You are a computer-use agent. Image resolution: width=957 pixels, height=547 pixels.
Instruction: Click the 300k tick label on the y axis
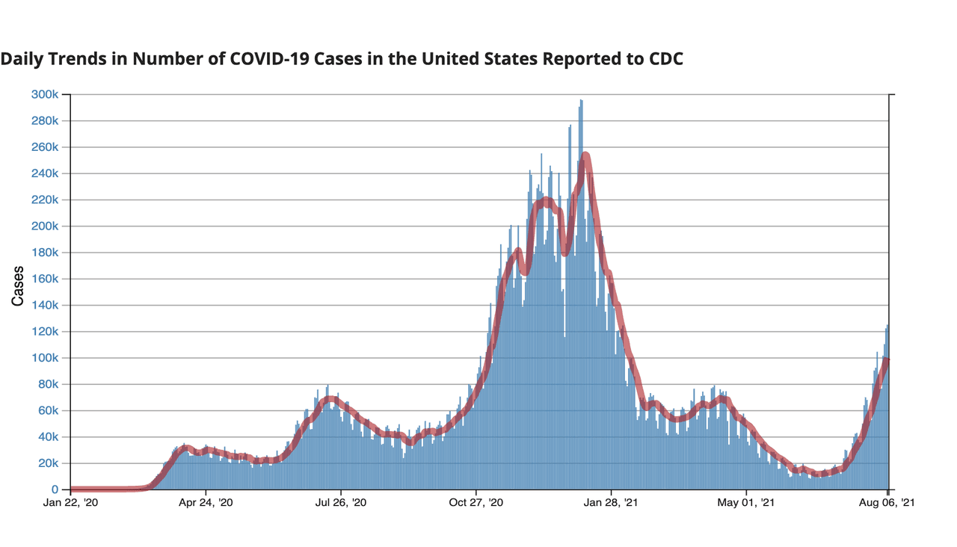point(45,94)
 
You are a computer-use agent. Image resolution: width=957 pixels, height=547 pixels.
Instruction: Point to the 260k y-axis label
point(45,147)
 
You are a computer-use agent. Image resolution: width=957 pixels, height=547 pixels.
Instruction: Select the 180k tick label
point(45,253)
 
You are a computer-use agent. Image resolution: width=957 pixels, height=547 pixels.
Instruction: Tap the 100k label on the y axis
point(45,358)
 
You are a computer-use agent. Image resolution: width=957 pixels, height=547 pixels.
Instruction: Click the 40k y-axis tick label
point(49,437)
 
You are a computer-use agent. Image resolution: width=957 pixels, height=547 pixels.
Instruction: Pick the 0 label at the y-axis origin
point(55,489)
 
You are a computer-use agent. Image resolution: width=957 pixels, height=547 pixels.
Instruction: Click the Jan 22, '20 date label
point(70,503)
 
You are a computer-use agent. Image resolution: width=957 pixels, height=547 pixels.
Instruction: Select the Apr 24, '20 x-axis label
point(206,503)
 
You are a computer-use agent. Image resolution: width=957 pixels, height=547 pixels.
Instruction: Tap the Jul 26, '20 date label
point(341,503)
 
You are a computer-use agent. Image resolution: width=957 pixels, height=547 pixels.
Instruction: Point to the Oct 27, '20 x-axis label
point(476,503)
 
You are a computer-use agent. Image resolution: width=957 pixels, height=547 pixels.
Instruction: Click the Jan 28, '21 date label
point(611,503)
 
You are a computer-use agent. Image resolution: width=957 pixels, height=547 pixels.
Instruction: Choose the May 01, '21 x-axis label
point(746,503)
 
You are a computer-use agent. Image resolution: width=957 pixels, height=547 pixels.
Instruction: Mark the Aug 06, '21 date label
point(887,503)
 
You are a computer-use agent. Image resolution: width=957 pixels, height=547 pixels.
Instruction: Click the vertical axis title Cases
point(17,286)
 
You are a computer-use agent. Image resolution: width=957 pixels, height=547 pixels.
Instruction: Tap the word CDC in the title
point(666,59)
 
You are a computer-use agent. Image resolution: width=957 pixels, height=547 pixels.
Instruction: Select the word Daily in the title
point(22,59)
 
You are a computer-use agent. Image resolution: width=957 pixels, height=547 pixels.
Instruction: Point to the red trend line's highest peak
point(585,156)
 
